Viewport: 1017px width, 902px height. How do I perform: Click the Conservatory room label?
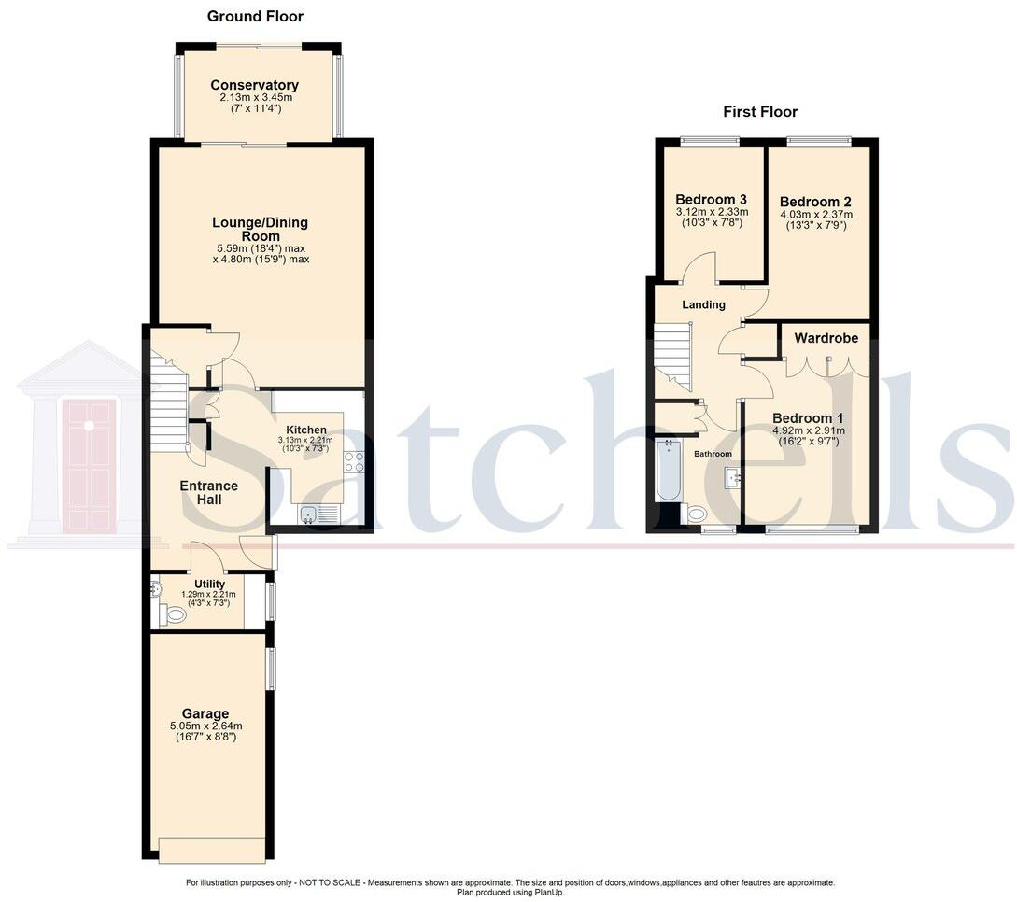[254, 85]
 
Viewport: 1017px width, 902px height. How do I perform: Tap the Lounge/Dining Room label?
[260, 229]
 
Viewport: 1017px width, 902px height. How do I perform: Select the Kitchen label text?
[306, 430]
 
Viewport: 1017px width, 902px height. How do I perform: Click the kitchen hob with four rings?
[354, 461]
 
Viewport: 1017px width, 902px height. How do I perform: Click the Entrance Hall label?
[208, 493]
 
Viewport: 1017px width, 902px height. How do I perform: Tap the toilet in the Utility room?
[170, 614]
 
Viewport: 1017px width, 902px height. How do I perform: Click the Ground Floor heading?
[255, 16]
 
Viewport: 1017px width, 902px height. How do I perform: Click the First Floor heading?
[760, 112]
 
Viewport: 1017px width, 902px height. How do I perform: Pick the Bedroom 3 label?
[711, 200]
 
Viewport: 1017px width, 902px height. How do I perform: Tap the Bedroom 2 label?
[815, 202]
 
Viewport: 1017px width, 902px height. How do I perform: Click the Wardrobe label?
[826, 338]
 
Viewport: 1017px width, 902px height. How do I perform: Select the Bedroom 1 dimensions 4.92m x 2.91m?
[808, 430]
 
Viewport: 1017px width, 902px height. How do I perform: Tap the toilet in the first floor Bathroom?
[697, 514]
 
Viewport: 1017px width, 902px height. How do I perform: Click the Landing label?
[703, 304]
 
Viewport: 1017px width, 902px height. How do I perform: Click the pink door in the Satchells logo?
[89, 465]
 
